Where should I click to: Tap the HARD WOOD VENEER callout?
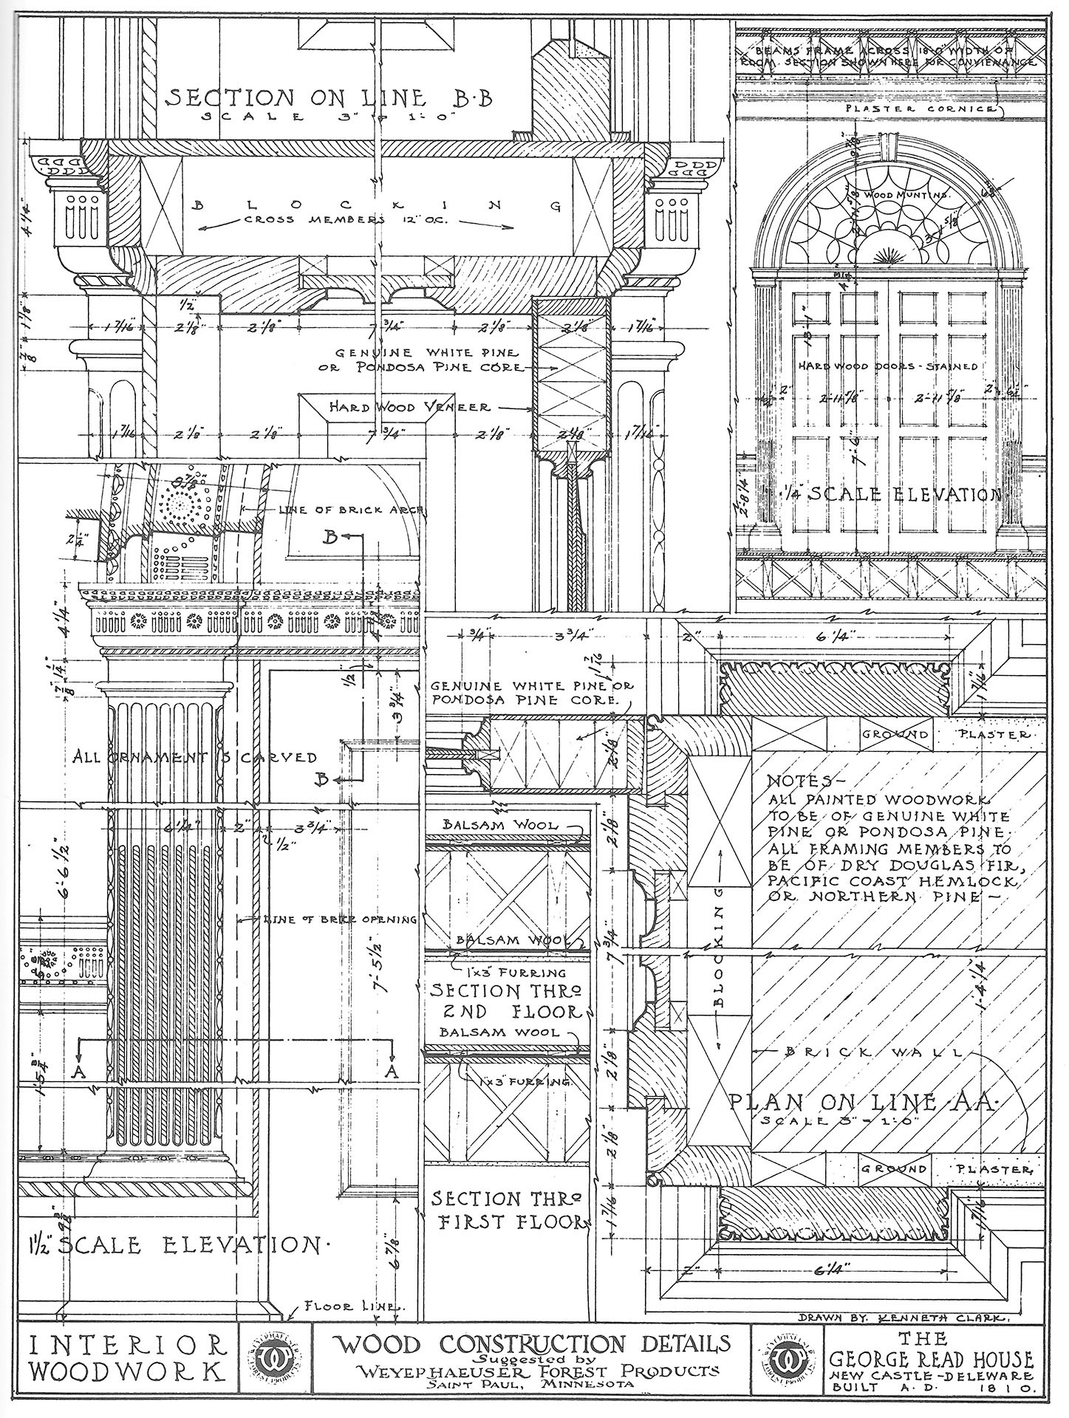[x=409, y=407]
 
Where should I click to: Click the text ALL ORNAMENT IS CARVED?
[x=195, y=757]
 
